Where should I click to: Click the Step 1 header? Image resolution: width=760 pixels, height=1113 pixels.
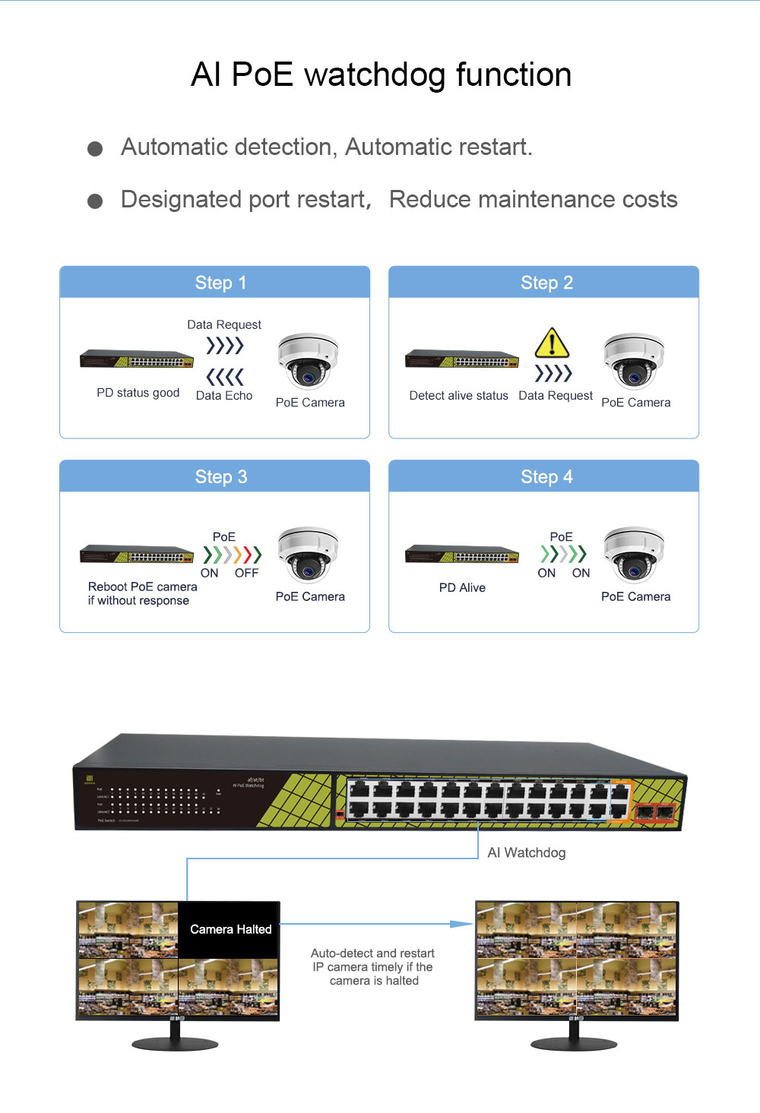pyautogui.click(x=220, y=283)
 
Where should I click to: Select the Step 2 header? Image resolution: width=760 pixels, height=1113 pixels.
pyautogui.click(x=546, y=283)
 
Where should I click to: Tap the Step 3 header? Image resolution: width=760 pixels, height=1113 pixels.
pyautogui.click(x=220, y=476)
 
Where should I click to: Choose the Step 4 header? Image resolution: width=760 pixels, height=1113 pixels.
pyautogui.click(x=546, y=476)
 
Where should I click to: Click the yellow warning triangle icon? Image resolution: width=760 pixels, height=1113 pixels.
pyautogui.click(x=552, y=343)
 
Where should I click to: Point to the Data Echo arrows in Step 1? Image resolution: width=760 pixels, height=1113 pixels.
pyautogui.click(x=225, y=377)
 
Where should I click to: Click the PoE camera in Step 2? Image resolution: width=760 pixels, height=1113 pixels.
pyautogui.click(x=634, y=361)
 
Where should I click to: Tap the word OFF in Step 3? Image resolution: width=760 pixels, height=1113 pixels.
pyautogui.click(x=246, y=573)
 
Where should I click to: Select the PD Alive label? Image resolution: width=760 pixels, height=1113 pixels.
pyautogui.click(x=462, y=587)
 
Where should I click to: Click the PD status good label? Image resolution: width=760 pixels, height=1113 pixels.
pyautogui.click(x=138, y=393)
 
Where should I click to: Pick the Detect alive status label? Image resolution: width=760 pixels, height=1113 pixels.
pyautogui.click(x=458, y=395)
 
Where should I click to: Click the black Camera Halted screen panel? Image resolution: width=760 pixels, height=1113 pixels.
pyautogui.click(x=230, y=929)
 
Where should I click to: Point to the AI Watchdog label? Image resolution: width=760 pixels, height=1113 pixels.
pyautogui.click(x=527, y=852)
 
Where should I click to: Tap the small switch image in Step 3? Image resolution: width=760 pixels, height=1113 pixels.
pyautogui.click(x=137, y=554)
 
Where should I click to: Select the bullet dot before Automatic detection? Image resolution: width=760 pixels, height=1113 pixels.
pyautogui.click(x=95, y=148)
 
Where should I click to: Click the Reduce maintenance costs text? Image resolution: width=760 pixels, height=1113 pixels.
pyautogui.click(x=533, y=199)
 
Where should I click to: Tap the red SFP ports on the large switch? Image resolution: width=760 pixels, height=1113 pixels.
pyautogui.click(x=655, y=812)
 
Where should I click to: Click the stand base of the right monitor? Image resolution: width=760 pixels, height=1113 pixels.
pyautogui.click(x=574, y=1045)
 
